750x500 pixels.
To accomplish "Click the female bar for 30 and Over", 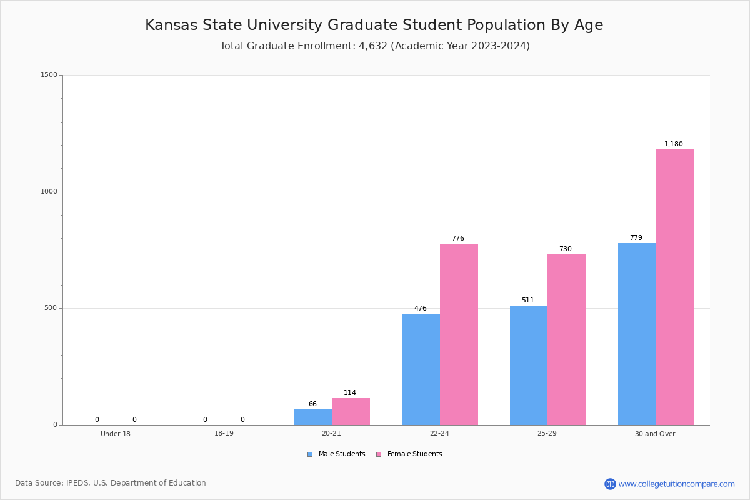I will (674, 287).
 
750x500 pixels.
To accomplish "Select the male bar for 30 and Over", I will (637, 334).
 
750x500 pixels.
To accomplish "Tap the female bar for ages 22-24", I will (459, 334).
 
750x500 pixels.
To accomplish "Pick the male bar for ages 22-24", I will (421, 369).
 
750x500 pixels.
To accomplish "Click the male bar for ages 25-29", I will (529, 365).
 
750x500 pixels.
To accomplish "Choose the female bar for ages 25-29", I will (566, 339).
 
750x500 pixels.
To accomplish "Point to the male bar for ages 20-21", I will (313, 417).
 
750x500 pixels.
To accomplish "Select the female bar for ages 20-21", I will (351, 411).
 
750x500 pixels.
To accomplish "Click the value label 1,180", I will (674, 144).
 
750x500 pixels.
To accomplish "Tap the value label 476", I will (421, 309).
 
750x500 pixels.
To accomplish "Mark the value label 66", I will (312, 404).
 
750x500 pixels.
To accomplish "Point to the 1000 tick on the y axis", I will (49, 192).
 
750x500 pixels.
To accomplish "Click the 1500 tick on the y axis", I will (49, 75).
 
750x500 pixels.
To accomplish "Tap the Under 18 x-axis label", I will (116, 434).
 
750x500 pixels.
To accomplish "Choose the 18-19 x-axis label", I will (224, 434).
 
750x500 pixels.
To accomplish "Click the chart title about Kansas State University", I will (374, 26).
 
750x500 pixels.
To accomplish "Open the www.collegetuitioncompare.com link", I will (676, 484).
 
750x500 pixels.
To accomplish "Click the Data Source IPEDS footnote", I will (111, 483).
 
